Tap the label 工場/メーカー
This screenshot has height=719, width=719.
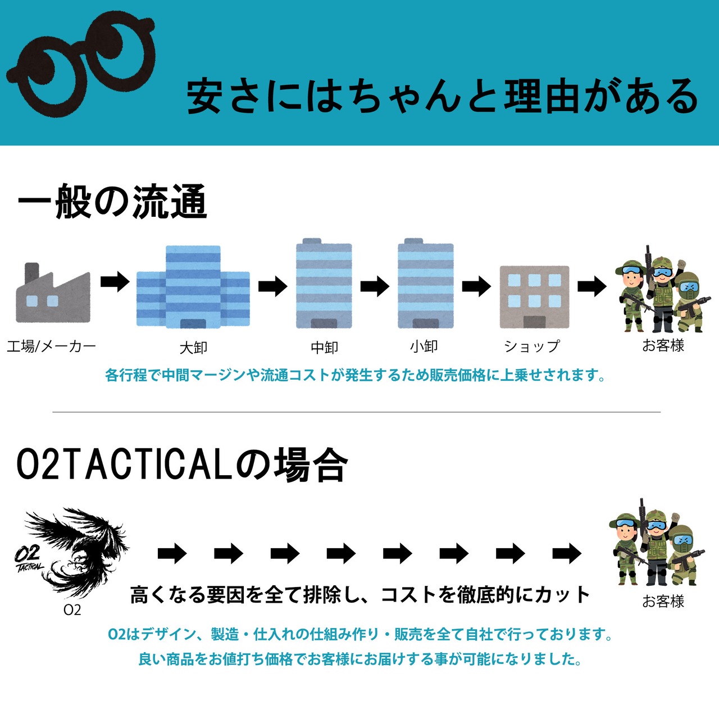point(51,346)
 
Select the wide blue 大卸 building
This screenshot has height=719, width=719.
point(193,287)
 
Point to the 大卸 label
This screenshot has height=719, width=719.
point(193,348)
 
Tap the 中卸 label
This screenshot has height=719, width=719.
point(325,348)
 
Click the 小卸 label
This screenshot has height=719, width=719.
point(424,346)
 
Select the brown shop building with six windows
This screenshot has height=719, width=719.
point(534,297)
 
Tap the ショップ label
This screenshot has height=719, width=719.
point(532,347)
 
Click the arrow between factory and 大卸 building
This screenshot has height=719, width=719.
point(115,281)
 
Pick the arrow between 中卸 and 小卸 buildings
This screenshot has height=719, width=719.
point(375,286)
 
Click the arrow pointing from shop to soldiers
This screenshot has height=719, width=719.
point(592,286)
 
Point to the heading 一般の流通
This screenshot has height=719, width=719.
point(112,202)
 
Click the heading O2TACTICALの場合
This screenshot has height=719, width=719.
point(182,465)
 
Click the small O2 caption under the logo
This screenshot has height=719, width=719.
point(72,610)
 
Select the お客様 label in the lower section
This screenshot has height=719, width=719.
point(663,602)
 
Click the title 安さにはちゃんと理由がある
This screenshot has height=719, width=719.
point(443,96)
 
